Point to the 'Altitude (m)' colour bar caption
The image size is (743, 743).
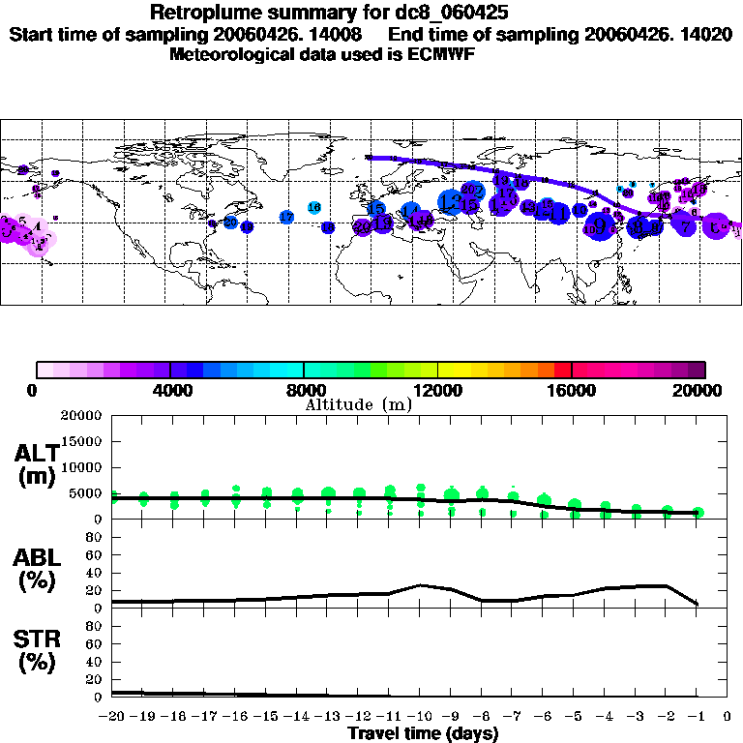[x=357, y=404]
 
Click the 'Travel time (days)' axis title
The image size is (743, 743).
[x=423, y=734]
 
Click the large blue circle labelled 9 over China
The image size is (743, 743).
[x=600, y=225]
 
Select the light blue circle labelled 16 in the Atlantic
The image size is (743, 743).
[x=314, y=207]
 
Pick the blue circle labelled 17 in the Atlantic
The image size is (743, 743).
[x=286, y=217]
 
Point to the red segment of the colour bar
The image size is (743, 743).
[x=563, y=370]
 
